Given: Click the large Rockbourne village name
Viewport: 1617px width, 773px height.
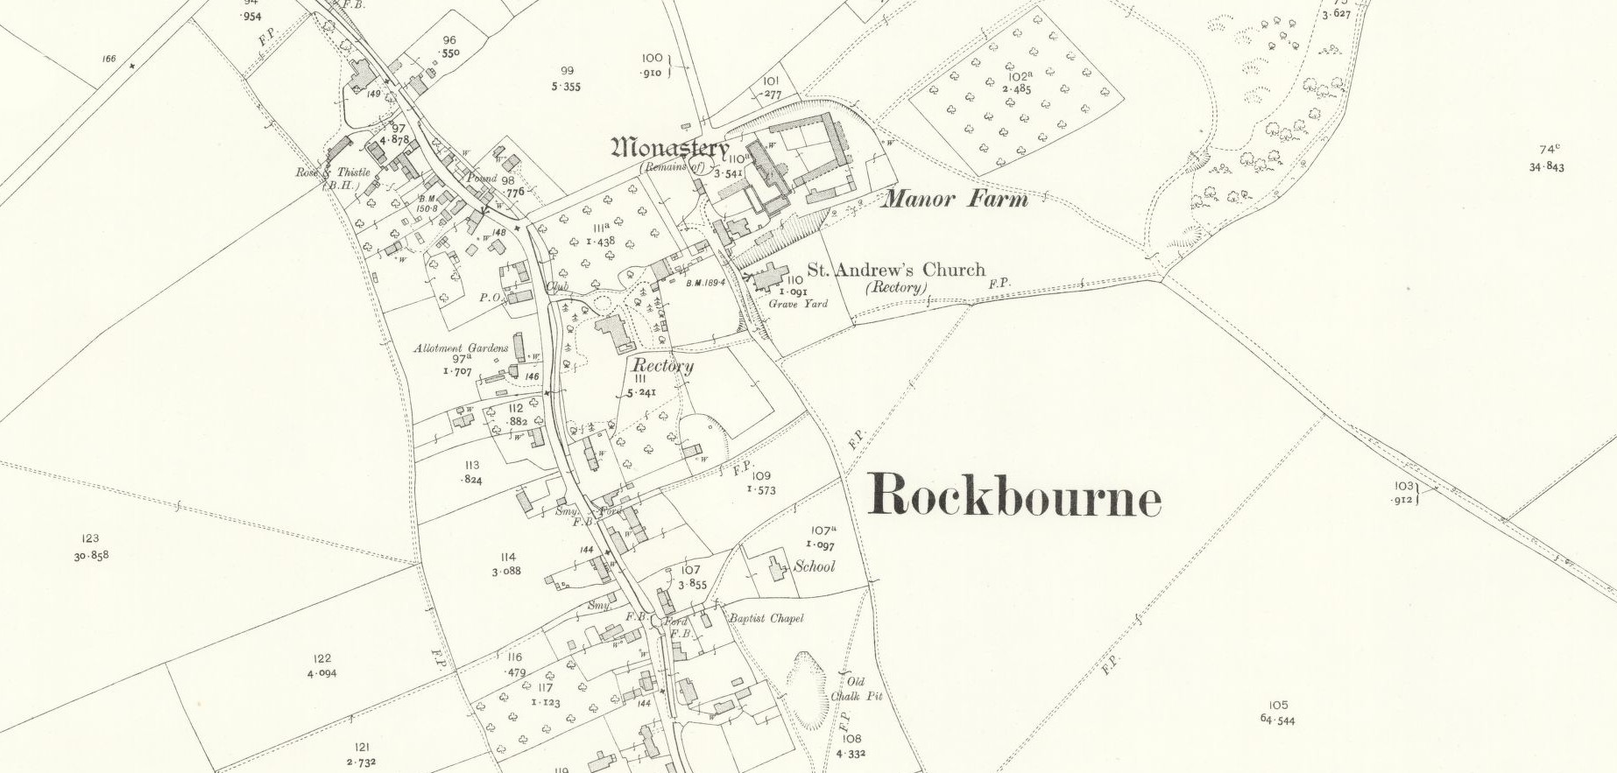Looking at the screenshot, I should pos(1014,496).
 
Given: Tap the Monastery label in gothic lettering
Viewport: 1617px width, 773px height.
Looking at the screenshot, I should pos(670,147).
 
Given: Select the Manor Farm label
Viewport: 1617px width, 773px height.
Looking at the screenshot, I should pos(955,199).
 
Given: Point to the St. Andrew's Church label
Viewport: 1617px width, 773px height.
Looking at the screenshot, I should pos(895,270).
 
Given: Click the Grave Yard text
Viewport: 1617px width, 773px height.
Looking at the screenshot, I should pos(798,304).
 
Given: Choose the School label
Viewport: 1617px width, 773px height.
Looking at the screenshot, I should pos(815,566).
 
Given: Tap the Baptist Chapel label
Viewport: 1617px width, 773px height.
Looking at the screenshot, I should pos(766,618).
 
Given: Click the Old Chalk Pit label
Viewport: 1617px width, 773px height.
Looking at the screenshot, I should pos(856,689).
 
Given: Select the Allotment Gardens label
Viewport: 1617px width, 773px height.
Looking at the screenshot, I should pos(461,348).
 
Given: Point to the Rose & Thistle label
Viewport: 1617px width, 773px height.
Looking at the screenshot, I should pos(334,172).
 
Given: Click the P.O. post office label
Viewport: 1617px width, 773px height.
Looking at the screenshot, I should pos(490,298).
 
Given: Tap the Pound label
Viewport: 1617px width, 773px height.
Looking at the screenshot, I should pos(481,178).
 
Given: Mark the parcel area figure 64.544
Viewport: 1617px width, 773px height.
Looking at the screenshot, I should pos(1277,720).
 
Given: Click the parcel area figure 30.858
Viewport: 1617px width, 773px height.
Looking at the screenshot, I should pos(91,555).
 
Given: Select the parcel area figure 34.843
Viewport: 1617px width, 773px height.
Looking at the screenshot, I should pos(1546,166).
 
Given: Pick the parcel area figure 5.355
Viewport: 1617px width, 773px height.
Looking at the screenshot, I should pos(566,87).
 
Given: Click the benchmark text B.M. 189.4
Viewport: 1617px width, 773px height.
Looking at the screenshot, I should pos(705,283).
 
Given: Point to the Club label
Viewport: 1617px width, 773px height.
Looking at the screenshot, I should pos(558,286).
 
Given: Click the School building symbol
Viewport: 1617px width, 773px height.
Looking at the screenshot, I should pos(777,567).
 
